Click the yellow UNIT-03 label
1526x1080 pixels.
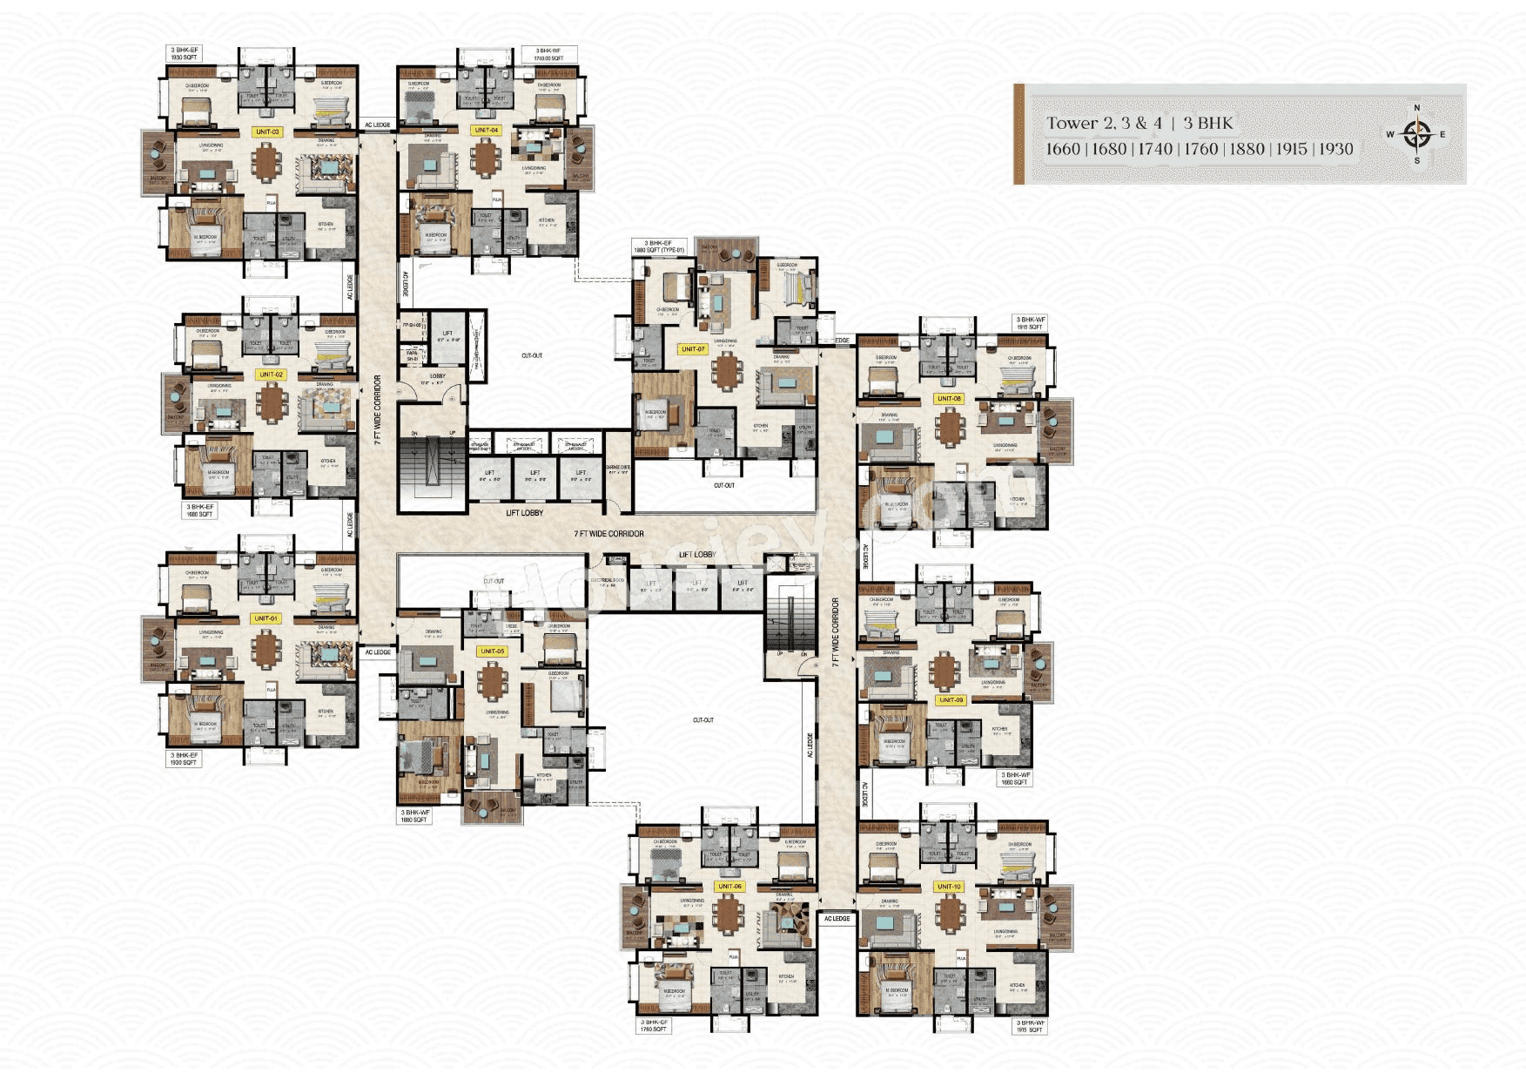pyautogui.click(x=267, y=132)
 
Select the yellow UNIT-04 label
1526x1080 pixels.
pyautogui.click(x=486, y=130)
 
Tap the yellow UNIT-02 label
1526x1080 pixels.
pyautogui.click(x=271, y=375)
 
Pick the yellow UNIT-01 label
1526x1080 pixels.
pyautogui.click(x=266, y=618)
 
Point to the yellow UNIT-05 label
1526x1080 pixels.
pyautogui.click(x=492, y=651)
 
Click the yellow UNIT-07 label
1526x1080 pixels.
pyautogui.click(x=693, y=349)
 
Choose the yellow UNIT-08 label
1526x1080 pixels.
pyautogui.click(x=949, y=398)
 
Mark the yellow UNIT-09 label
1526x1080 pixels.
pyautogui.click(x=951, y=699)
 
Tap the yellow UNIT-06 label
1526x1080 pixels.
pyautogui.click(x=729, y=886)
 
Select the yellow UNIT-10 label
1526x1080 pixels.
pyautogui.click(x=949, y=887)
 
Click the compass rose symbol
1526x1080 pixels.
pyautogui.click(x=1417, y=134)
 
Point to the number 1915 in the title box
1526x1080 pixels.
pyautogui.click(x=1292, y=149)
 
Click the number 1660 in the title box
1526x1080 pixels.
pyautogui.click(x=1063, y=149)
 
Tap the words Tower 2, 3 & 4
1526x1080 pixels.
pyautogui.click(x=1104, y=123)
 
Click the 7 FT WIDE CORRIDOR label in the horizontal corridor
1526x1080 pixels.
pyautogui.click(x=608, y=533)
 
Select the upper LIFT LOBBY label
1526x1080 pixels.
pyautogui.click(x=524, y=513)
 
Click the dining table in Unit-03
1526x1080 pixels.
pyautogui.click(x=266, y=162)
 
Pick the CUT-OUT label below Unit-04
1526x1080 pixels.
pyautogui.click(x=532, y=355)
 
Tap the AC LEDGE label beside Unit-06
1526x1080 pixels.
pyautogui.click(x=837, y=918)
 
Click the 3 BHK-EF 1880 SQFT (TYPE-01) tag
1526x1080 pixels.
pyautogui.click(x=659, y=247)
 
